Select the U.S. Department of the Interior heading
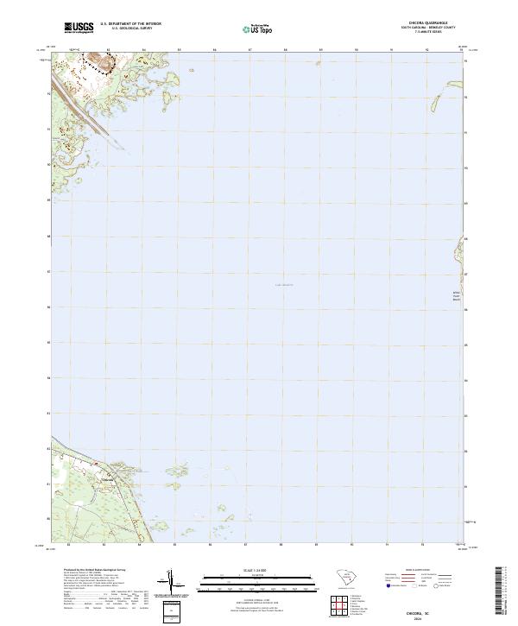point(130,24)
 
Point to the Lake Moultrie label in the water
point(283,283)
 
